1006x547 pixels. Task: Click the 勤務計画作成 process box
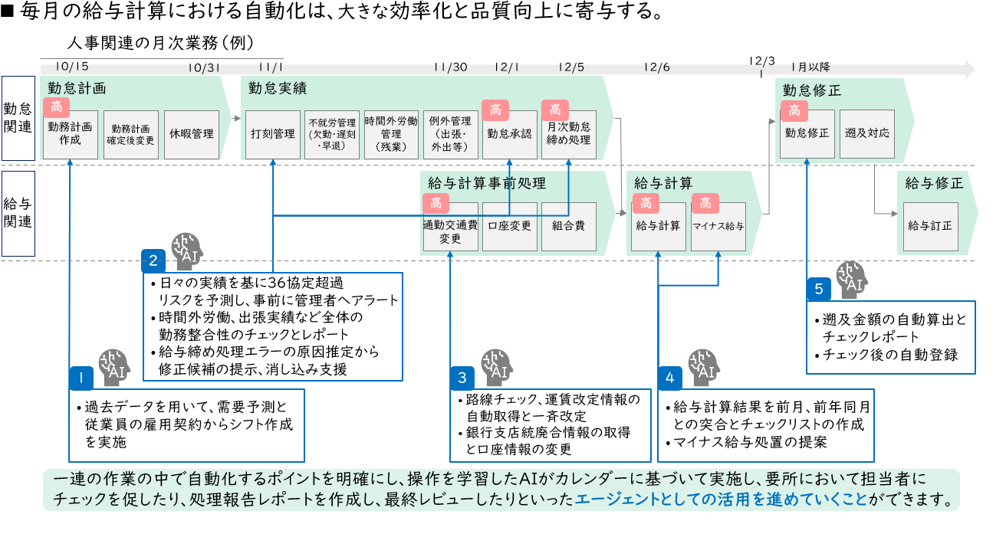pyautogui.click(x=70, y=134)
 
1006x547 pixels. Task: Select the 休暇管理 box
pyautogui.click(x=192, y=134)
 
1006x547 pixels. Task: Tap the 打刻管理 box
pyautogui.click(x=273, y=134)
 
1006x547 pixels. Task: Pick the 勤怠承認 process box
pyautogui.click(x=509, y=134)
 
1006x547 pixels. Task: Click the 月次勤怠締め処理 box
pyautogui.click(x=569, y=134)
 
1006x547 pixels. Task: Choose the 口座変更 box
pyautogui.click(x=510, y=226)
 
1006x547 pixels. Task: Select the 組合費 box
pyautogui.click(x=568, y=226)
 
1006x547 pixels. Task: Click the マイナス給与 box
pyautogui.click(x=718, y=226)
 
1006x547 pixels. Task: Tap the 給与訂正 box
pyautogui.click(x=930, y=226)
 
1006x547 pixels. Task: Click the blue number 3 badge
pyautogui.click(x=462, y=378)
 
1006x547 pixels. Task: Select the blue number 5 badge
pyautogui.click(x=819, y=289)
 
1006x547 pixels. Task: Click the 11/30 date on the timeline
pyautogui.click(x=450, y=67)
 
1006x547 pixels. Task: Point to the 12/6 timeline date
pyautogui.click(x=656, y=67)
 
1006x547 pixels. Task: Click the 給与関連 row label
pyautogui.click(x=18, y=213)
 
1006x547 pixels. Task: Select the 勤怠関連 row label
pyautogui.click(x=18, y=117)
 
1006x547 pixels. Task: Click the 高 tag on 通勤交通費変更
pyautogui.click(x=435, y=203)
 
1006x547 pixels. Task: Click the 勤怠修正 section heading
pyautogui.click(x=811, y=90)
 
